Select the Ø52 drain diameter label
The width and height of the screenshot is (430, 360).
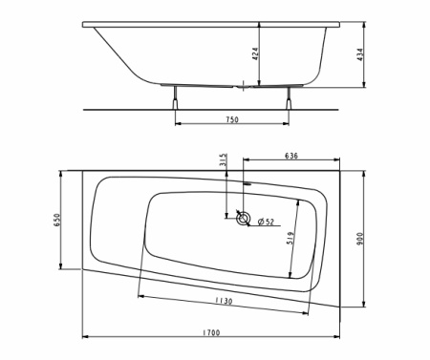(267, 222)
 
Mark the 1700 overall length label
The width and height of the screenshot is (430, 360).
(211, 331)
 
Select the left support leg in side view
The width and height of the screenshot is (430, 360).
(177, 98)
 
